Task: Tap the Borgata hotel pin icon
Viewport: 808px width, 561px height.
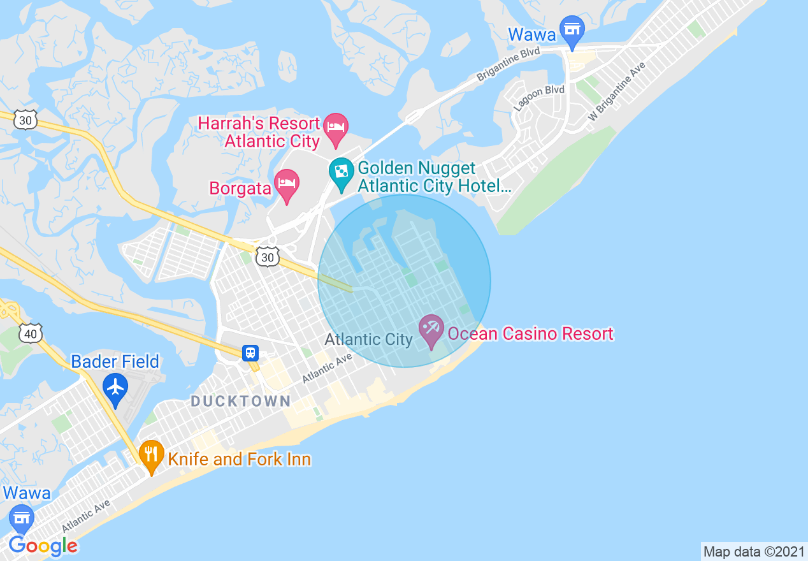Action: [x=287, y=184]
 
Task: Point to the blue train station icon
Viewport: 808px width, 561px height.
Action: [x=250, y=353]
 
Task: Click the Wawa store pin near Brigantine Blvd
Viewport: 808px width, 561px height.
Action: [x=572, y=31]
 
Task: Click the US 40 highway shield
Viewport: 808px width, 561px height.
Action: [x=31, y=332]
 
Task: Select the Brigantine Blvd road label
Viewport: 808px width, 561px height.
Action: [x=509, y=64]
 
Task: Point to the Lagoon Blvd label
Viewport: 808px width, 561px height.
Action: [x=539, y=99]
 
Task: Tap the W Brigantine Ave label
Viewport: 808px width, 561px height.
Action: [x=616, y=92]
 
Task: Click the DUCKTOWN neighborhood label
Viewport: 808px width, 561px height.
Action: [x=241, y=401]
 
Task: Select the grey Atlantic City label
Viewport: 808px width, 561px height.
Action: [x=368, y=339]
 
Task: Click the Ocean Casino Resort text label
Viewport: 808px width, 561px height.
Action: [x=530, y=333]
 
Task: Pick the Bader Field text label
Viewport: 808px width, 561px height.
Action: [x=115, y=361]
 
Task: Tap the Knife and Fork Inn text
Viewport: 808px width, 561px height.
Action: [x=239, y=459]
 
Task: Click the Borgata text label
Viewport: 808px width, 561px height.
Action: [x=241, y=189]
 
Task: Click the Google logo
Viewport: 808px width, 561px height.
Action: [x=43, y=546]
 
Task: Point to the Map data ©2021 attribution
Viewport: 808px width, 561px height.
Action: [x=754, y=551]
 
